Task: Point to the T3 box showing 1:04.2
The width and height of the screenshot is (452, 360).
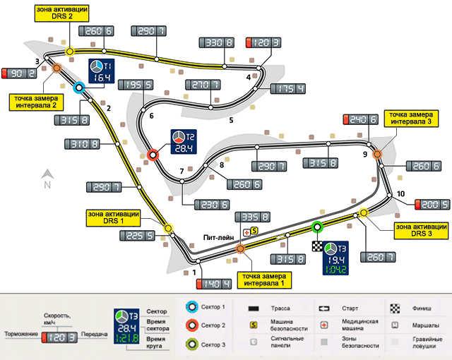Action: pos(331,258)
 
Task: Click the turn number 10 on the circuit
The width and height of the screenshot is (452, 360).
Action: pos(401,193)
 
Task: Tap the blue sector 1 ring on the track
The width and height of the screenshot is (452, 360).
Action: pos(79,88)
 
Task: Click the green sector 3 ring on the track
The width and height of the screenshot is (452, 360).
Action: pos(317,227)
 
